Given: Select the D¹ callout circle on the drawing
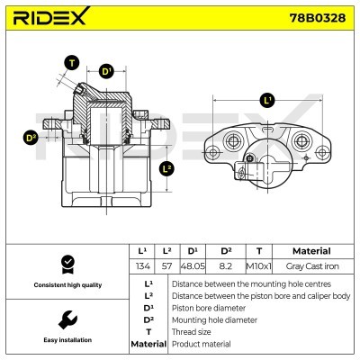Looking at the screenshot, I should [107, 71].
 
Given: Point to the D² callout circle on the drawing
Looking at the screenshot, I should [30, 138].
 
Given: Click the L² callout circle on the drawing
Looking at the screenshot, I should [166, 167].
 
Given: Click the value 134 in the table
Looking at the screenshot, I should [141, 266].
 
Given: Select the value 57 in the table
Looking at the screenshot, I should [166, 266].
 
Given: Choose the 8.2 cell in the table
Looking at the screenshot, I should [226, 266].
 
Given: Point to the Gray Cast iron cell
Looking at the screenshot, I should [312, 266].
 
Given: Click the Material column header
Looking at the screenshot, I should [312, 251].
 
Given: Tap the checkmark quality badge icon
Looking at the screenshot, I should [65, 263].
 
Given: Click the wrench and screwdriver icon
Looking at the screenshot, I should [65, 319].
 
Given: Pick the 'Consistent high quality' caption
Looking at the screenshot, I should [65, 284].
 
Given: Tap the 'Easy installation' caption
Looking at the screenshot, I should [65, 340].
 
